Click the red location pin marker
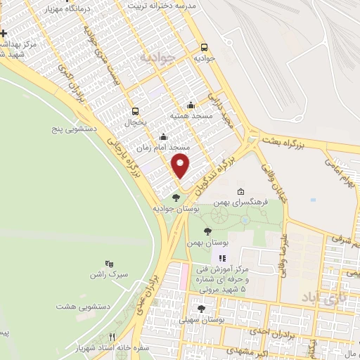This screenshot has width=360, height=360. coord(181,167)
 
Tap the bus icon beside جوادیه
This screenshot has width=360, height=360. coord(204,48)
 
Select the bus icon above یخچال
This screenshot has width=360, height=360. coord(136,110)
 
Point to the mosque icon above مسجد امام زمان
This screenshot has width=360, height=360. coord(164,137)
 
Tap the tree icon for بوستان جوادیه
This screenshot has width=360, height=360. coord(175,198)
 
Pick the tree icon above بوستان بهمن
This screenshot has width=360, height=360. coord(207,231)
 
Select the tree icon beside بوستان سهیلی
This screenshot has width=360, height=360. coord(202,309)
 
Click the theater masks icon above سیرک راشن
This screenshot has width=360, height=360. coord(108,262)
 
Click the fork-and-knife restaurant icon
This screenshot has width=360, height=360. coord(111,337)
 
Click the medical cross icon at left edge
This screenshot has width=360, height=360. coord(4,33)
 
